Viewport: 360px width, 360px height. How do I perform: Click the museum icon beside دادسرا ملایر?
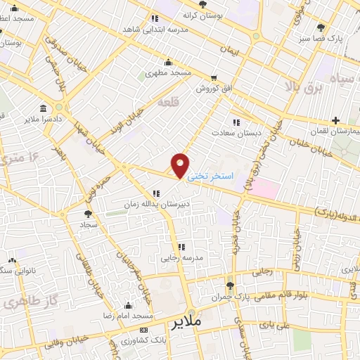coord(44,110)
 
